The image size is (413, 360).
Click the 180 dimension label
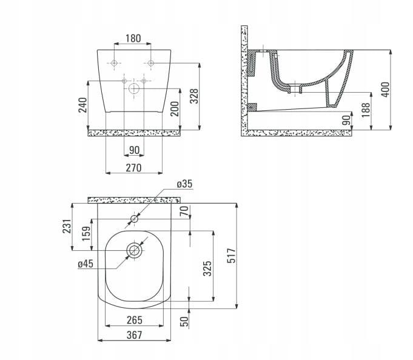pos(133,38)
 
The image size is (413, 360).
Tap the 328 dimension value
pos(194,96)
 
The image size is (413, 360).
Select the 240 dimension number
pos(82,105)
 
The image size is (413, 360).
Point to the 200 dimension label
pos(175,108)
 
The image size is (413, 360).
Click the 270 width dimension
pos(133,168)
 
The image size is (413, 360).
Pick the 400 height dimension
pos(385,90)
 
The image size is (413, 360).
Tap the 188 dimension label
pos(366,110)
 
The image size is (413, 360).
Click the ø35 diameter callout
pos(184,184)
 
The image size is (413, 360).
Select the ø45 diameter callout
pos(86,264)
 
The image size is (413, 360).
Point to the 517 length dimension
pos(231,255)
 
